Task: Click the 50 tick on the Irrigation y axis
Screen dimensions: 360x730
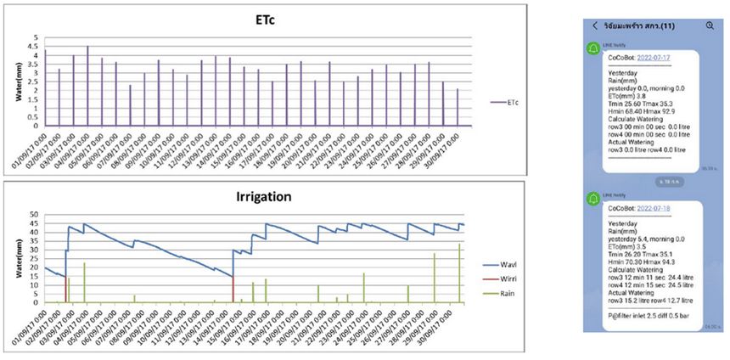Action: coord(34,215)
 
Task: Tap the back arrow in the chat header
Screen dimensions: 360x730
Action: coord(595,25)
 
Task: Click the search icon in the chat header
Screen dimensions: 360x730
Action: coord(710,25)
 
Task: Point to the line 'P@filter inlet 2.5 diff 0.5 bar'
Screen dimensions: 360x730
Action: coord(649,316)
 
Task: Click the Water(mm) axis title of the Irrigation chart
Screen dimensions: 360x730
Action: coord(19,258)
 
